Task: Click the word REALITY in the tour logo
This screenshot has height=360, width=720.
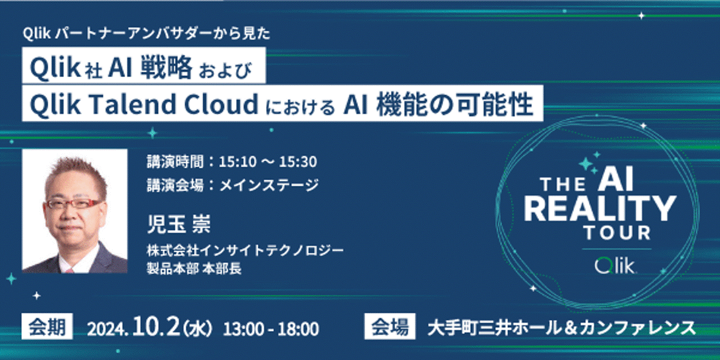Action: tap(600, 209)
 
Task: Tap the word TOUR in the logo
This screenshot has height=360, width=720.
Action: tap(618, 233)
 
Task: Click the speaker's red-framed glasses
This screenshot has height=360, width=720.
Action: tap(73, 204)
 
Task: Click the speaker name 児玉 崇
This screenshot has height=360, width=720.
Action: tap(178, 224)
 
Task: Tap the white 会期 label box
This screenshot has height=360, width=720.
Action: tap(47, 327)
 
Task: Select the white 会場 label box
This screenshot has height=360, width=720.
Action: tap(390, 327)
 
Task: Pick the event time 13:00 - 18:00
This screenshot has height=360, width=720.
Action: tap(271, 329)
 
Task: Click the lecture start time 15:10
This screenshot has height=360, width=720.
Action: tap(238, 161)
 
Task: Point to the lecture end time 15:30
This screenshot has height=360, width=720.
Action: tap(298, 161)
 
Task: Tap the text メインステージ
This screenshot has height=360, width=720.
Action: tap(269, 185)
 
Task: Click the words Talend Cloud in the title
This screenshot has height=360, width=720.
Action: tap(172, 104)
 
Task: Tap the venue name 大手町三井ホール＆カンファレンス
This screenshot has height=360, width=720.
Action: tap(561, 328)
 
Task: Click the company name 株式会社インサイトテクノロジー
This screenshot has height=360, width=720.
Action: tap(245, 250)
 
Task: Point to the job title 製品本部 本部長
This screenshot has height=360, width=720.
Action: tap(194, 268)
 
